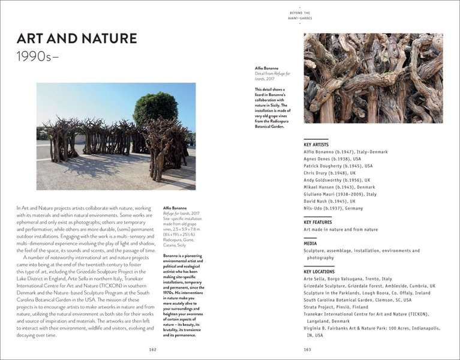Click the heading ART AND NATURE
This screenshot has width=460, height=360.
(76, 40)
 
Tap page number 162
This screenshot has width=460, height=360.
(153, 349)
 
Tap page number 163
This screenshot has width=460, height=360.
(307, 349)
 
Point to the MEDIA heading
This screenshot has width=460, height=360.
(310, 244)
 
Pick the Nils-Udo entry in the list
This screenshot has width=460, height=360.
(333, 208)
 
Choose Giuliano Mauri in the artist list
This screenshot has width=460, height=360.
(340, 194)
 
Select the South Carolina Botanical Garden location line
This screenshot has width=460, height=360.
(357, 300)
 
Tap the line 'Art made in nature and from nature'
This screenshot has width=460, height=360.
(341, 229)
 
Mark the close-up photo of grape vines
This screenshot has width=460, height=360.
(373, 78)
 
